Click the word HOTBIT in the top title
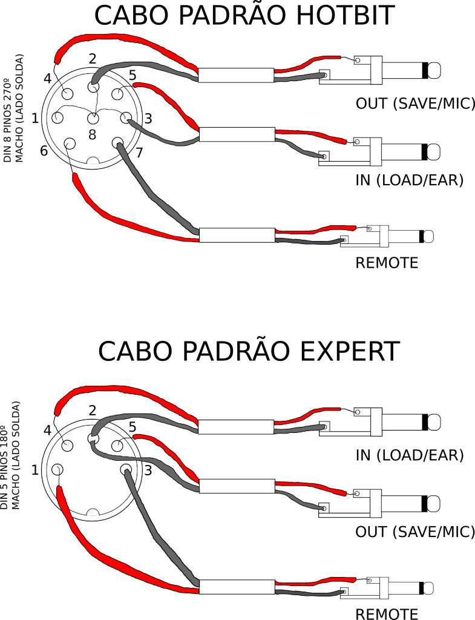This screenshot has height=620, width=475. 345,15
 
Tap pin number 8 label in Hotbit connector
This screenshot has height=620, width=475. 92,135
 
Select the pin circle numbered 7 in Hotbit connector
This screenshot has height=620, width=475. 118,143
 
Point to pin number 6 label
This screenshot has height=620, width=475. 44,151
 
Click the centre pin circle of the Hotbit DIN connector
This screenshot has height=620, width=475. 93,118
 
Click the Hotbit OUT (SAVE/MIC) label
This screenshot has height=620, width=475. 415,104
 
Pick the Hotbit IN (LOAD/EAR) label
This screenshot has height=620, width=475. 410,180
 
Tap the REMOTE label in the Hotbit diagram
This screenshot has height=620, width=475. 387,263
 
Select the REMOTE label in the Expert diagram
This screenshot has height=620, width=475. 387,614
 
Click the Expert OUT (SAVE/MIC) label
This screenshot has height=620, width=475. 415,532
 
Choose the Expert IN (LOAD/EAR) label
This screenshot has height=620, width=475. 410,455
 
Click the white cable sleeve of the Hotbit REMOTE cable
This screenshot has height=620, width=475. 237,235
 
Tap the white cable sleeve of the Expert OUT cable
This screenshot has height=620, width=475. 237,486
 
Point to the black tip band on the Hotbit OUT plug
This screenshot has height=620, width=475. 425,70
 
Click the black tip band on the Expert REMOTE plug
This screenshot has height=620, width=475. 422,587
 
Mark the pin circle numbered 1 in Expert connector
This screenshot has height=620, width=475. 57,469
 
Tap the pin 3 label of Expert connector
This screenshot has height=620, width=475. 148,470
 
